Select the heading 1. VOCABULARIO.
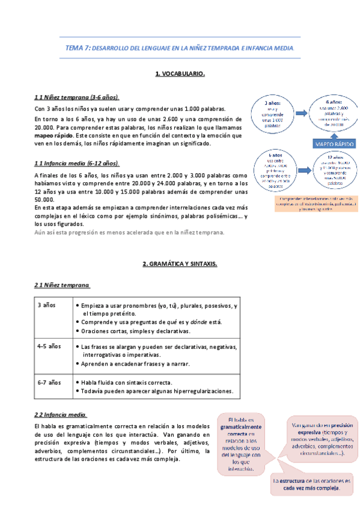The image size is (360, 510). coord(180,73)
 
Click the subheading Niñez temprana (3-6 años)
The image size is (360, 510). coord(78,97)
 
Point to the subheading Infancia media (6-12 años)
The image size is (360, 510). coord(78,163)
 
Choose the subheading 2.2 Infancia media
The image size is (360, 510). coord(61,414)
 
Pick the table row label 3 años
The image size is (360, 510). coord(46,306)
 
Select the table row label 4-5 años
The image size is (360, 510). coord(49,346)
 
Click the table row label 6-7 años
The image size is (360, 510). coord(49,382)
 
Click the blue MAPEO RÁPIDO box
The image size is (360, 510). coord(334,144)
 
